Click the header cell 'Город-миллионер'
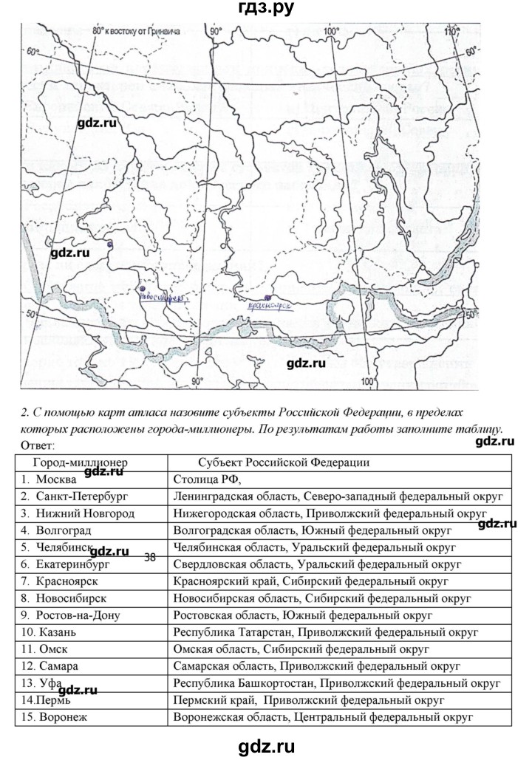tap(72, 462)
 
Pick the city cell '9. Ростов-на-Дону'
tap(70, 614)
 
